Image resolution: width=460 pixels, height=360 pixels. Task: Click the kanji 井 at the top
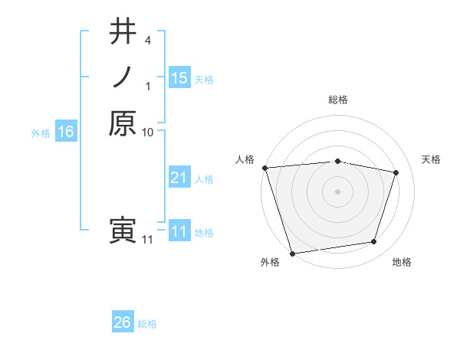click(x=123, y=33)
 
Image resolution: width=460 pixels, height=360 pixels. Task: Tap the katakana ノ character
click(x=123, y=78)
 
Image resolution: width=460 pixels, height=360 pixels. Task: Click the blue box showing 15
click(x=179, y=77)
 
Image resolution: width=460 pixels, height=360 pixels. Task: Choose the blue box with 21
click(x=179, y=178)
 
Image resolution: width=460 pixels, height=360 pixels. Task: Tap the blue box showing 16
click(x=66, y=132)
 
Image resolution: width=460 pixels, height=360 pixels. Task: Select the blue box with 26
click(x=123, y=322)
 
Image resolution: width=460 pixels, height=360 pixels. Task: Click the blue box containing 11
click(x=179, y=231)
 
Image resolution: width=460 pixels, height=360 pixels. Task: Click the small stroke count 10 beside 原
click(x=148, y=133)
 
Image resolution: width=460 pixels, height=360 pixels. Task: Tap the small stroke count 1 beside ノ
click(x=148, y=86)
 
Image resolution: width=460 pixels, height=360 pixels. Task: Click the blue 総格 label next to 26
click(x=147, y=324)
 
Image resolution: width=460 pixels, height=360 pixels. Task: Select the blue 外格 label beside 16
click(x=41, y=133)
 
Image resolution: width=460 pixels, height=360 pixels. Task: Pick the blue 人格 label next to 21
click(x=204, y=178)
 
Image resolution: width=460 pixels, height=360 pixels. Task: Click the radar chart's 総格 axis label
click(x=337, y=100)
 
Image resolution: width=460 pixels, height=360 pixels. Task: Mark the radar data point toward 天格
click(x=396, y=172)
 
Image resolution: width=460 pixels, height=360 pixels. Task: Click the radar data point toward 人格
click(x=264, y=168)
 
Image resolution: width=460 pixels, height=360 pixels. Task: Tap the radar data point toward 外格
click(x=292, y=253)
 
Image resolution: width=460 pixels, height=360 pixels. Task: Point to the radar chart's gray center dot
click(x=337, y=191)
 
